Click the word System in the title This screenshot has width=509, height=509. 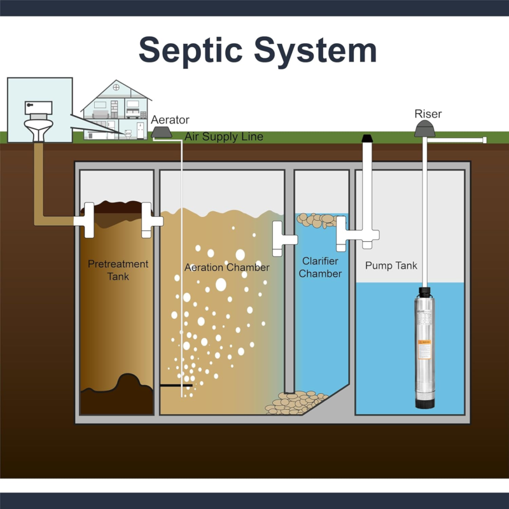318,50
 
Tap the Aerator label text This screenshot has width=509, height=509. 170,120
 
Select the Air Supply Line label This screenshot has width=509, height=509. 223,137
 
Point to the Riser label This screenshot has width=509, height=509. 428,115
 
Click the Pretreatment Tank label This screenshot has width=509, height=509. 118,270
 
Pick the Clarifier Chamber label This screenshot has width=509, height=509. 321,267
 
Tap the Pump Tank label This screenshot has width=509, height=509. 391,265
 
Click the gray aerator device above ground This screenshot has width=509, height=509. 164,132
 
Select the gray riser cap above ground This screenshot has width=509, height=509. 425,129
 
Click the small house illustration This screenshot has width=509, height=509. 117,109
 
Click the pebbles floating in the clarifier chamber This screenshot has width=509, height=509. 317,220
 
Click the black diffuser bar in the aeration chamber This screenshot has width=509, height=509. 176,385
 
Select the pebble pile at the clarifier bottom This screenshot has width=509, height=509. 295,403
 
